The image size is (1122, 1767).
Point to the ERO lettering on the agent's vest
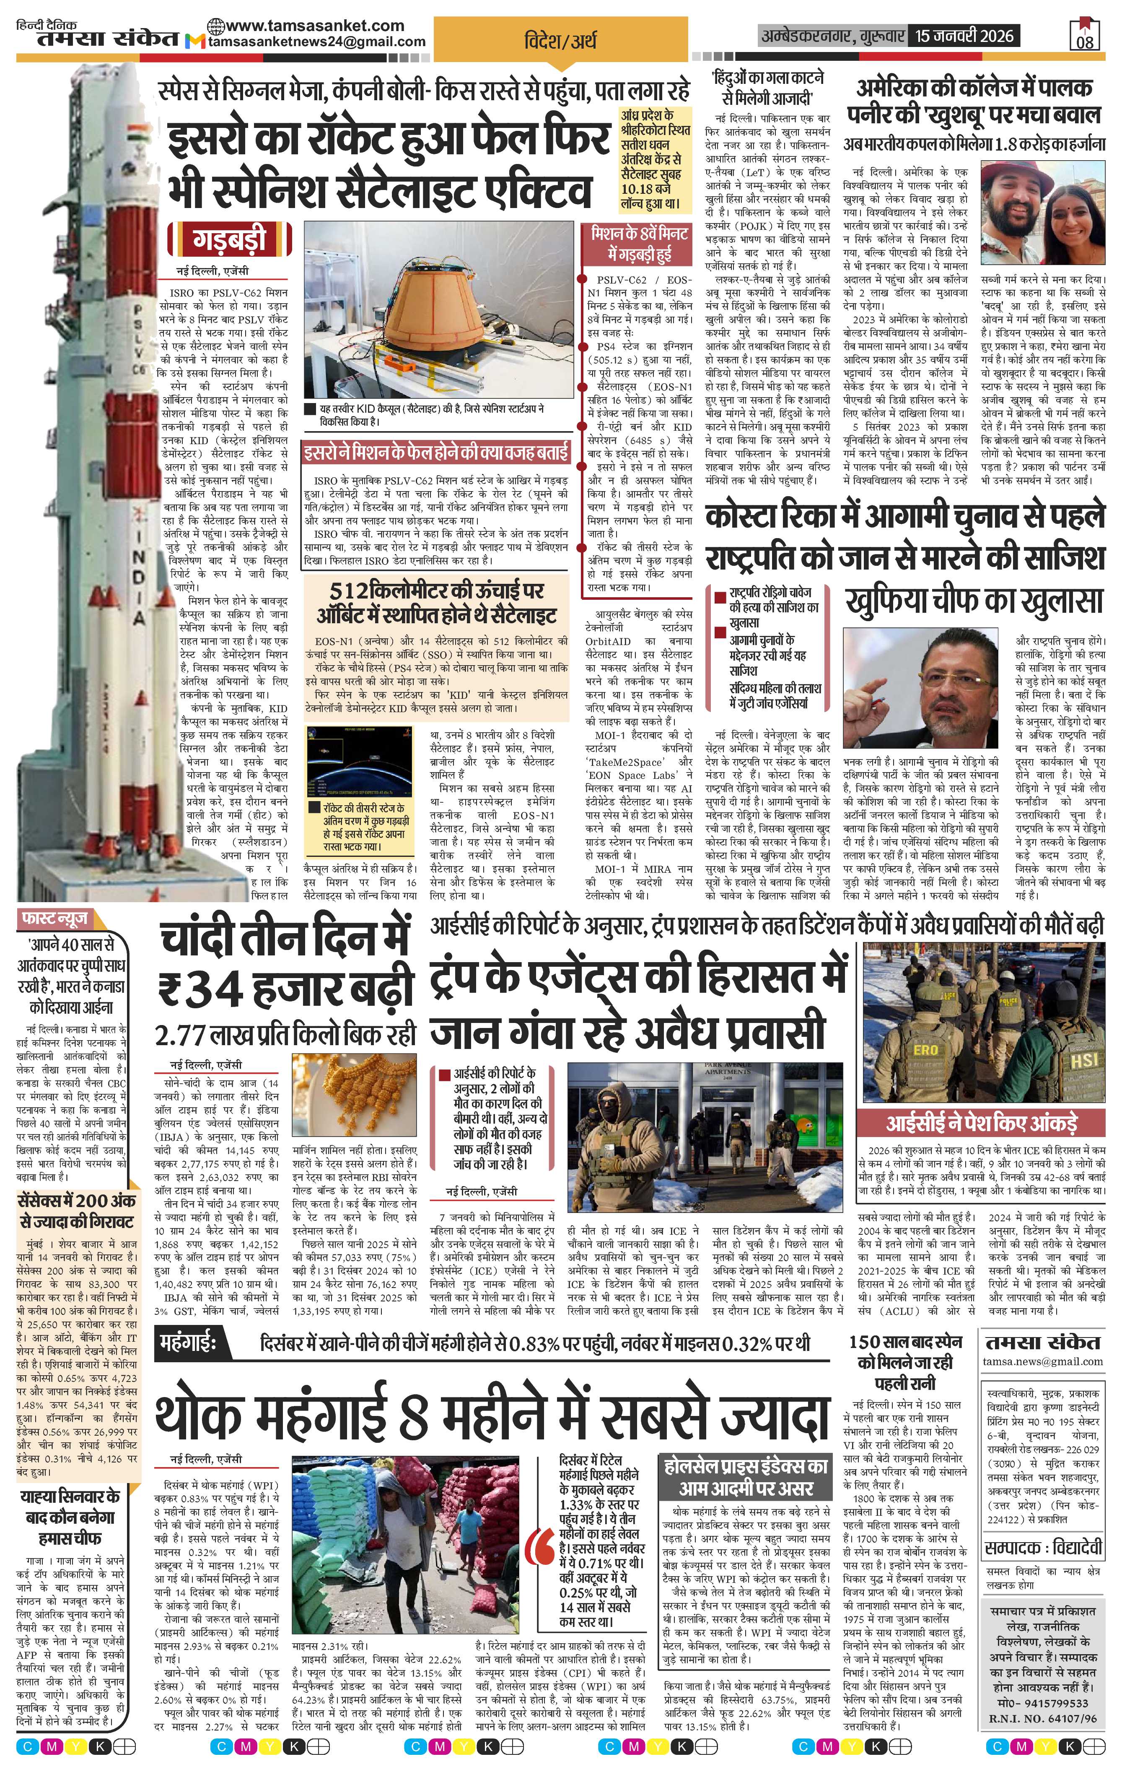coord(925,1050)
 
